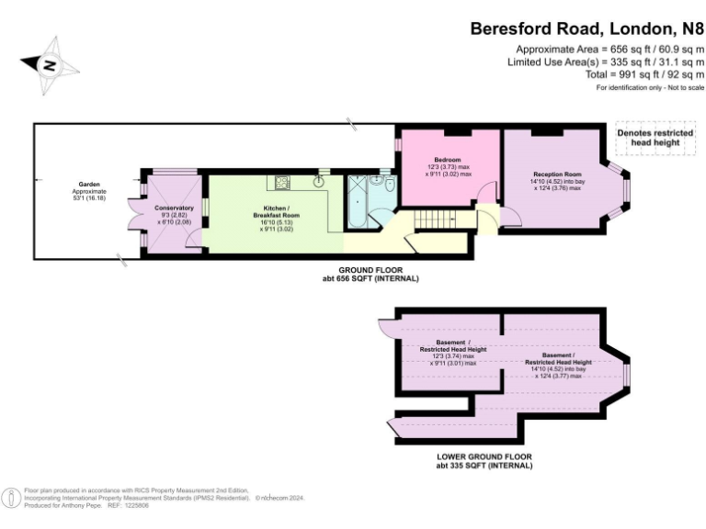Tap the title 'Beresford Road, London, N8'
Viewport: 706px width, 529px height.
coord(586,28)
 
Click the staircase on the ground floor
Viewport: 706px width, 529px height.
coord(430,220)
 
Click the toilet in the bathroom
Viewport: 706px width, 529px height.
coord(391,188)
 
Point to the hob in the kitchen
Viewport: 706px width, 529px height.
coord(280,181)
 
